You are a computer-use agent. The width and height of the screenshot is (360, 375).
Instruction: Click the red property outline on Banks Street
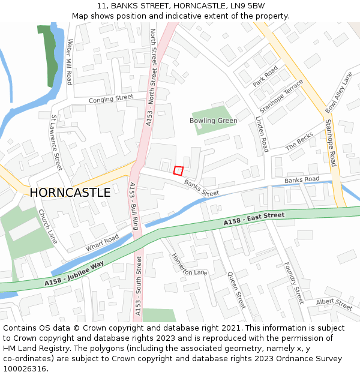178,170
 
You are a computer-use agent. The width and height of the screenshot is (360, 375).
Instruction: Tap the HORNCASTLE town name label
70,193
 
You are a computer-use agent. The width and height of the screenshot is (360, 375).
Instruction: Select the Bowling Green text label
214,121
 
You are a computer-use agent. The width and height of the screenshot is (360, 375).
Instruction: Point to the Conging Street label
111,98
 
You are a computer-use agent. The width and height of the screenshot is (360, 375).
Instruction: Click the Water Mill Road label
70,62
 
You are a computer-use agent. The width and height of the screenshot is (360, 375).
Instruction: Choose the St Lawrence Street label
56,143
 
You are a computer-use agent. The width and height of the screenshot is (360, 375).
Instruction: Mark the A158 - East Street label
254,219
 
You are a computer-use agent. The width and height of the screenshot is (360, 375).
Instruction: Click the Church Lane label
48,226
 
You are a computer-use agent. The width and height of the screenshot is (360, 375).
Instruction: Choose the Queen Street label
236,290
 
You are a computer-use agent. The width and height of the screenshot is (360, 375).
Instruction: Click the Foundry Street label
294,282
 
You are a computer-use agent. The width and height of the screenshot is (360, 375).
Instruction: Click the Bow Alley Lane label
339,92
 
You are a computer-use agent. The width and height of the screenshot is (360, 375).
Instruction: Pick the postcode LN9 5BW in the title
248,5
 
